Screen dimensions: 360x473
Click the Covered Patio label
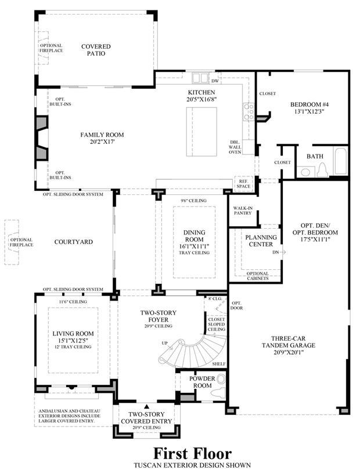pyautogui.click(x=96, y=50)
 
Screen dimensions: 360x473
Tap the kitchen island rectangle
pyautogui.click(x=201, y=132)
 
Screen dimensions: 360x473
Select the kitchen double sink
pyautogui.click(x=200, y=78)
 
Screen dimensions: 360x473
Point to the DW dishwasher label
pyautogui.click(x=215, y=81)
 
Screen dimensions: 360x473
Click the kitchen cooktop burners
pyautogui.click(x=249, y=112)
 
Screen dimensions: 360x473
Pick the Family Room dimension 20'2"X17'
pyautogui.click(x=102, y=142)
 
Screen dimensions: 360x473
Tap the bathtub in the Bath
pyautogui.click(x=341, y=161)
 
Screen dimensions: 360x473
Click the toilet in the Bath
pyautogui.click(x=322, y=170)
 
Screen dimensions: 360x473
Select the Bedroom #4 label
pyautogui.click(x=309, y=104)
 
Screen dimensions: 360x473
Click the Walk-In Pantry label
pyautogui.click(x=243, y=211)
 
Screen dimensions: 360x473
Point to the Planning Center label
pyautogui.click(x=261, y=241)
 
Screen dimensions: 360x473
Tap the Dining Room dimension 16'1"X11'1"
pyautogui.click(x=194, y=246)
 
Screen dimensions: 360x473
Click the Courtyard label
pyautogui.click(x=73, y=242)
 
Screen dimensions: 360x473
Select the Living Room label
pyautogui.click(x=73, y=334)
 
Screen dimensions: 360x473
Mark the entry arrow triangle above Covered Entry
pyautogui.click(x=146, y=406)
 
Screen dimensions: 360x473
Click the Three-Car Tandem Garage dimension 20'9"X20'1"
pyautogui.click(x=289, y=352)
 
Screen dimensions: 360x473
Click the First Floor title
pyautogui.click(x=192, y=453)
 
